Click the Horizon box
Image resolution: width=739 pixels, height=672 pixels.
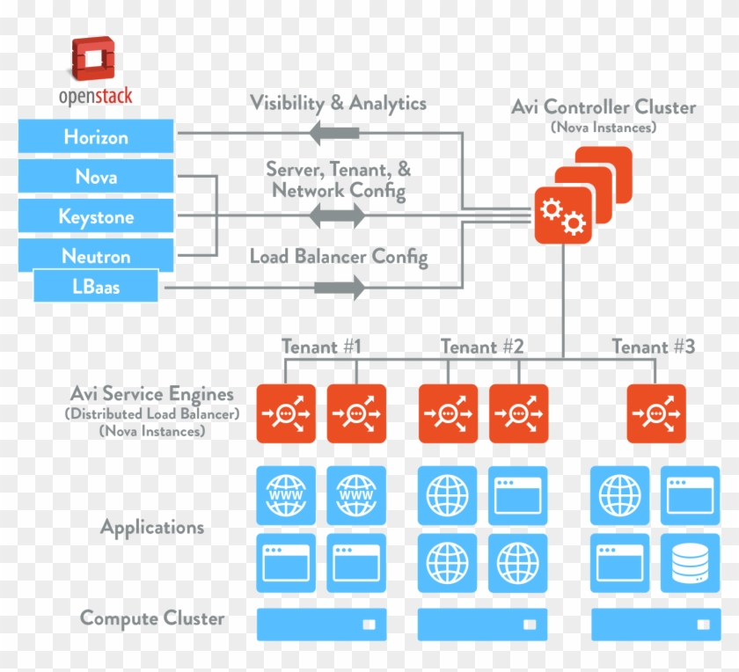pyautogui.click(x=96, y=137)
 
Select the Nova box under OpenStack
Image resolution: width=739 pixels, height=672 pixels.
pyautogui.click(x=96, y=177)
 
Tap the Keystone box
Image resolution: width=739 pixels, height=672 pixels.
pyautogui.click(x=96, y=216)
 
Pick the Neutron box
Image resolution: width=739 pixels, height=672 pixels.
pyautogui.click(x=96, y=256)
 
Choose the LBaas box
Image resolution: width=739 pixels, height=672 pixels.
pyautogui.click(x=96, y=287)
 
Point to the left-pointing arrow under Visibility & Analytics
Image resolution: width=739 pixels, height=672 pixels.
pyautogui.click(x=333, y=133)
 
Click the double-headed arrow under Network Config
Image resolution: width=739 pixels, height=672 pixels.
pyautogui.click(x=337, y=215)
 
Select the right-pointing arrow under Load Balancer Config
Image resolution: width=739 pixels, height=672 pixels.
pyautogui.click(x=339, y=287)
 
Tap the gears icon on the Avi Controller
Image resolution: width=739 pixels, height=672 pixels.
pyautogui.click(x=562, y=216)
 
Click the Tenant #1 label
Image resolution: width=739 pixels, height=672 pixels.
pyautogui.click(x=321, y=347)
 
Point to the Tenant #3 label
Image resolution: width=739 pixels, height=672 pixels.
pyautogui.click(x=653, y=347)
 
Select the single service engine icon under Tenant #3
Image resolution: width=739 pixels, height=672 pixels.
pyautogui.click(x=655, y=413)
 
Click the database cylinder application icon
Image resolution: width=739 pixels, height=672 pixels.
pyautogui.click(x=689, y=562)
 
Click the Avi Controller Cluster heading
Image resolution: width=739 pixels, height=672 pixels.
pyautogui.click(x=603, y=107)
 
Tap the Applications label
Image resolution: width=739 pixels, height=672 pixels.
pyautogui.click(x=152, y=528)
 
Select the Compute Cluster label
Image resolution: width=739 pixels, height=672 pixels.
pyautogui.click(x=152, y=618)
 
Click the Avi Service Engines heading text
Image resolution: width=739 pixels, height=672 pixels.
pyautogui.click(x=152, y=394)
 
